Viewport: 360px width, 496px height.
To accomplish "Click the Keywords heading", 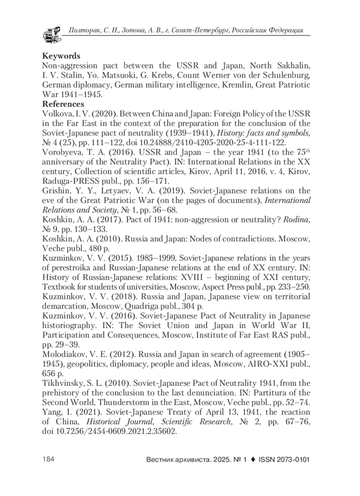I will [61, 56].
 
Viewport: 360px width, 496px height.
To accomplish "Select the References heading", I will [63, 104].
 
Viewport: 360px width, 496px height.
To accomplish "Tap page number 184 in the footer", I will [48, 459].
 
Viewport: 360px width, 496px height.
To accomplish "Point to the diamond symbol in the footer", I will [253, 459].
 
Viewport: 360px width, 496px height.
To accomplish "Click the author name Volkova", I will [56, 114].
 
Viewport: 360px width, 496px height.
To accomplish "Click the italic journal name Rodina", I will [296, 220].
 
